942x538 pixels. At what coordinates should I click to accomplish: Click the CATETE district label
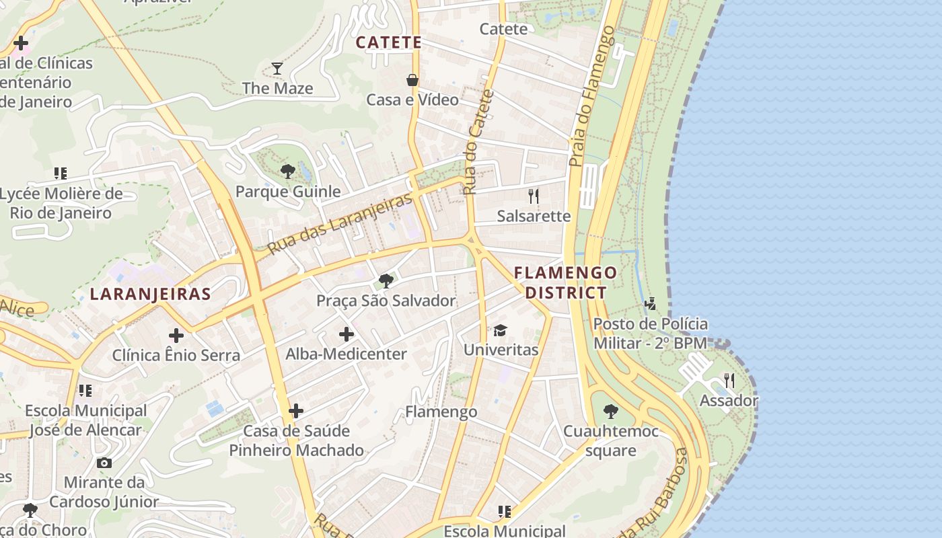click(x=389, y=42)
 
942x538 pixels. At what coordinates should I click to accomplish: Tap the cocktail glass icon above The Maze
click(x=277, y=68)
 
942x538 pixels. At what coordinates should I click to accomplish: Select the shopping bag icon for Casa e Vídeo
click(x=412, y=80)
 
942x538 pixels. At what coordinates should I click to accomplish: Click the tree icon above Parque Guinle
click(x=287, y=171)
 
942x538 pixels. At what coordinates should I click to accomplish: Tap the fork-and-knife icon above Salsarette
click(x=534, y=196)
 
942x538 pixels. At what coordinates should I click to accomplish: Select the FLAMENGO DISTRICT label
click(x=565, y=282)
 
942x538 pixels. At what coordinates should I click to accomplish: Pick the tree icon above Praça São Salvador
click(x=386, y=280)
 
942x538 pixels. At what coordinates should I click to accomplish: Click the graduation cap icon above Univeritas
click(x=500, y=330)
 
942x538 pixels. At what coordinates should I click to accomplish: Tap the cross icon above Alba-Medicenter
click(x=347, y=334)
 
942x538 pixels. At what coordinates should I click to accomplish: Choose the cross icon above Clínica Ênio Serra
click(x=176, y=335)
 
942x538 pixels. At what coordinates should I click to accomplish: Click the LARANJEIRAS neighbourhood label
click(x=151, y=294)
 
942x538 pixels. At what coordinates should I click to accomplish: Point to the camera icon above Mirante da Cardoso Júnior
click(x=104, y=463)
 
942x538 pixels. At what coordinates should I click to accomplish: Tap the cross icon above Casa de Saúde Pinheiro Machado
click(x=295, y=410)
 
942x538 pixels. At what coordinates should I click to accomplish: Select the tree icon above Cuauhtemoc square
click(x=610, y=411)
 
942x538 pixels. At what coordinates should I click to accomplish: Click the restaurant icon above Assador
click(x=729, y=381)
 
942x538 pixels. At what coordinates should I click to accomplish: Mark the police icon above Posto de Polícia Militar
click(x=650, y=303)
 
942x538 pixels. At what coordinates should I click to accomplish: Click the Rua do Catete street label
click(x=478, y=142)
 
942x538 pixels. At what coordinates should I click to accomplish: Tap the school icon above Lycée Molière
click(x=61, y=174)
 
